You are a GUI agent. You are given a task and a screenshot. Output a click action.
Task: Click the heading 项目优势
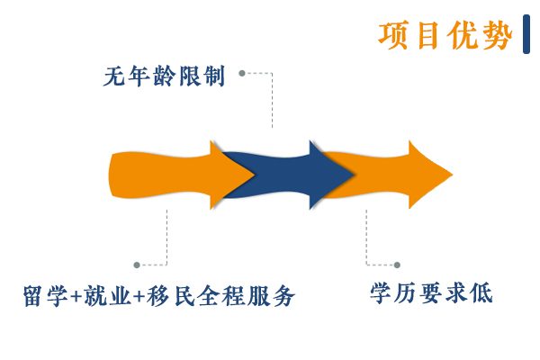coord(445,35)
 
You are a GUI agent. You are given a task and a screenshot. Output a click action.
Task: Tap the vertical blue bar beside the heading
coord(526,34)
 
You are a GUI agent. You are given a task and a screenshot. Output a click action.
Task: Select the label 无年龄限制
coord(164,76)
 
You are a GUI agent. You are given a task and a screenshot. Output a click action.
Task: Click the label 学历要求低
coord(431,293)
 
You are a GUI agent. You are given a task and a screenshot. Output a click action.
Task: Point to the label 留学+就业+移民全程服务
coord(159,295)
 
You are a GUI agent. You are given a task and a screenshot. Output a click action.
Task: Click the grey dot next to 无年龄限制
coord(242,73)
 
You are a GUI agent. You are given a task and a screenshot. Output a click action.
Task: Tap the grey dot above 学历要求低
coord(397,265)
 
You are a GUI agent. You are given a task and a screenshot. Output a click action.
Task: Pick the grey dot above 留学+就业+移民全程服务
coord(137,265)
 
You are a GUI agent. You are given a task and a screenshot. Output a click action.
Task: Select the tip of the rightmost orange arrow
coord(453,175)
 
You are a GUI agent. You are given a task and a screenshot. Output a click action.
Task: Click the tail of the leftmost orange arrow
coord(110,175)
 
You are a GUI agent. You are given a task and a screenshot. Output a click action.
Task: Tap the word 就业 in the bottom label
coord(108,295)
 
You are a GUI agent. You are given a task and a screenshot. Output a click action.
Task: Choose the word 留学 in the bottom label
coord(46,295)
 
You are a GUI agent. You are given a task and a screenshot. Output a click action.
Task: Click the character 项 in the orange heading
coord(393,35)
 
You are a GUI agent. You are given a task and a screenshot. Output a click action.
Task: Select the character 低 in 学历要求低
coord(481,293)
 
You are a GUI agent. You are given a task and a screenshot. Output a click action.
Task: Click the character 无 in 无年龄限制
coord(114,76)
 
